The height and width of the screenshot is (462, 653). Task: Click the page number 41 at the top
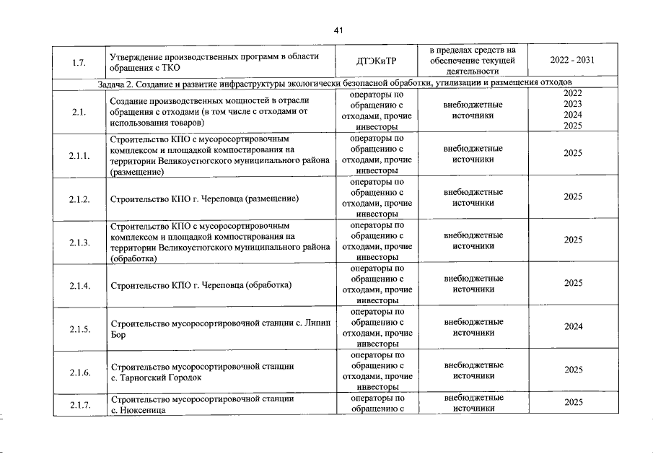click(339, 30)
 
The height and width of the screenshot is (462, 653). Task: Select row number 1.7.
click(79, 61)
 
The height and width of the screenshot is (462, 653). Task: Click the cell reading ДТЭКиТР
click(377, 61)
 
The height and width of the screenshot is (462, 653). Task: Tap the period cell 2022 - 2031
click(572, 61)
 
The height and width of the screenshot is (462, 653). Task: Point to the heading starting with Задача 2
click(339, 84)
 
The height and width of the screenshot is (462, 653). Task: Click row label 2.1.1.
click(79, 155)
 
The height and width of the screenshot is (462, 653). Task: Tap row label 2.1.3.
click(79, 242)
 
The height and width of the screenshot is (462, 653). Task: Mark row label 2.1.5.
click(79, 329)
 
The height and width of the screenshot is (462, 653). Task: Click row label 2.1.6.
click(79, 372)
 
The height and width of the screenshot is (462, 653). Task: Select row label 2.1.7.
click(79, 405)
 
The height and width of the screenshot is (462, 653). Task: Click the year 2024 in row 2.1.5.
click(573, 326)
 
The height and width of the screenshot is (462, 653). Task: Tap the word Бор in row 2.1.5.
click(118, 335)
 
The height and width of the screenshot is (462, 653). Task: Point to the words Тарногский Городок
click(159, 378)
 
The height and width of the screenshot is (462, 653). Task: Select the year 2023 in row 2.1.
click(573, 104)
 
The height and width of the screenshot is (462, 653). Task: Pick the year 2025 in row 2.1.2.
click(573, 196)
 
